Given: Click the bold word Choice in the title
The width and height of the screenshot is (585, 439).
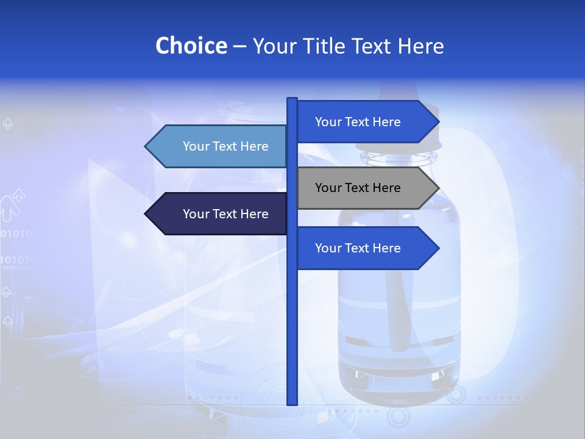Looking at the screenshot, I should [x=191, y=46].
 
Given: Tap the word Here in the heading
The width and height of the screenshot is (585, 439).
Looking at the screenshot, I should [x=420, y=46].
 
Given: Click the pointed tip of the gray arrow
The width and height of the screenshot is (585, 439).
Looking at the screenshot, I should [x=438, y=188].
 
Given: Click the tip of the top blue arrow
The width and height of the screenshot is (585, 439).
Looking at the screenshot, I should [x=438, y=122].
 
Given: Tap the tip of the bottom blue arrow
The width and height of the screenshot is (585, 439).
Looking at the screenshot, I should [x=438, y=248].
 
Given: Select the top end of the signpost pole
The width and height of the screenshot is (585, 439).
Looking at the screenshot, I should [x=292, y=99].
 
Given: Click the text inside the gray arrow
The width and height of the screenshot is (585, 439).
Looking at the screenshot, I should [x=358, y=188].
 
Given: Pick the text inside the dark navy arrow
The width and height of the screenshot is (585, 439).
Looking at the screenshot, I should [x=225, y=214].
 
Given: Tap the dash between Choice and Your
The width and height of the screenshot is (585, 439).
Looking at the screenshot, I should [x=239, y=46].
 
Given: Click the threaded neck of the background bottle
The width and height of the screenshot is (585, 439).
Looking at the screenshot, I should [x=399, y=159].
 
